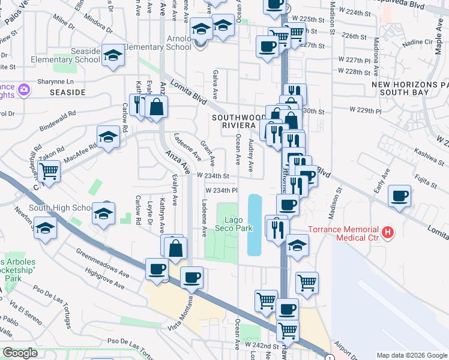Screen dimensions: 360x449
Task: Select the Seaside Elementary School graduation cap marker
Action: coord(112,56)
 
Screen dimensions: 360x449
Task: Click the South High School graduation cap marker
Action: coord(104,213)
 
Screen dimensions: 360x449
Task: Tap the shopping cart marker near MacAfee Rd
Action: coord(49,170)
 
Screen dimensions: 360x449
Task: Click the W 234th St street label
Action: coord(214,176)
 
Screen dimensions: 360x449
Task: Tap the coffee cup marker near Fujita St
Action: coord(399,196)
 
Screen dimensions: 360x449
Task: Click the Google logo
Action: coord(20,353)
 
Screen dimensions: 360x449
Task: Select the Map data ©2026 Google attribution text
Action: coord(411,355)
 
